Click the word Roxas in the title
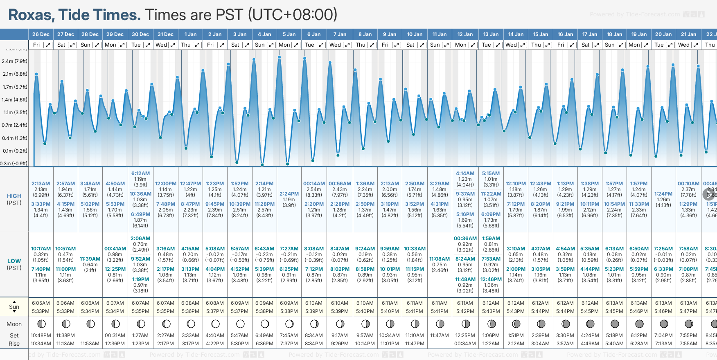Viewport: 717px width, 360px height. pyautogui.click(x=31, y=15)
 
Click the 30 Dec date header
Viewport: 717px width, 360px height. pyautogui.click(x=140, y=34)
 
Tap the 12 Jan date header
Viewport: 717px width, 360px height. pyautogui.click(x=465, y=34)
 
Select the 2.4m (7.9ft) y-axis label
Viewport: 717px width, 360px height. pyautogui.click(x=15, y=61)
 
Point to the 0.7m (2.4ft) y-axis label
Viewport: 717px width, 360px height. pyautogui.click(x=15, y=125)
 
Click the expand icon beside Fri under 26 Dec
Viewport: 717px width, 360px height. pyautogui.click(x=48, y=45)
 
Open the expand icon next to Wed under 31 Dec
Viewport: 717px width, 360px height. pyautogui.click(x=173, y=45)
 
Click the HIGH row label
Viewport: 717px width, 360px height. pyautogui.click(x=14, y=196)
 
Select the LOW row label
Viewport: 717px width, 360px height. pyautogui.click(x=14, y=261)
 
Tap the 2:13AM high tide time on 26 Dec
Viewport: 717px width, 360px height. pyautogui.click(x=41, y=184)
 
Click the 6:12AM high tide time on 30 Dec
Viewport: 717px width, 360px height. pyautogui.click(x=140, y=173)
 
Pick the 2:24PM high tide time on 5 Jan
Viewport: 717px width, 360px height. pyautogui.click(x=289, y=194)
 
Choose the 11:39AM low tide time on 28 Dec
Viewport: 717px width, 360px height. pyautogui.click(x=90, y=259)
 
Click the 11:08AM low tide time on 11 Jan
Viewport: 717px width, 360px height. pyautogui.click(x=440, y=259)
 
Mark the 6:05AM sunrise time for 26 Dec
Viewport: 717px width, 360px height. pyautogui.click(x=41, y=303)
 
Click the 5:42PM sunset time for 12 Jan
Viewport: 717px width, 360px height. pyautogui.click(x=465, y=311)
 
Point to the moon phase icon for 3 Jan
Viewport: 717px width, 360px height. pyautogui.click(x=240, y=324)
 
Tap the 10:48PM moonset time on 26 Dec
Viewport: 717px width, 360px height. pyautogui.click(x=41, y=335)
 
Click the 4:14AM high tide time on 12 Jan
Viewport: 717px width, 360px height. pyautogui.click(x=465, y=173)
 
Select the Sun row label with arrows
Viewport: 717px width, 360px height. pyautogui.click(x=14, y=307)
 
